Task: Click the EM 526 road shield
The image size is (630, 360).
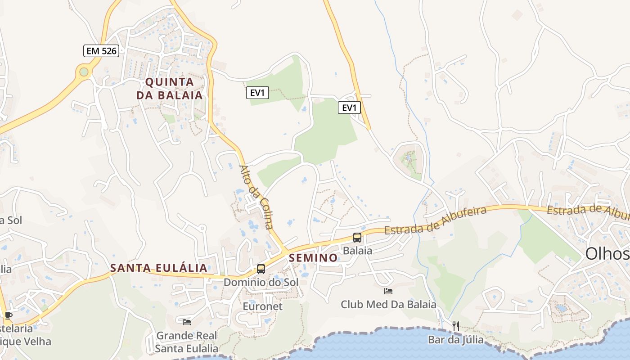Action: (x=101, y=51)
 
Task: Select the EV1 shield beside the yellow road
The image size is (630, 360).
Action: (x=350, y=108)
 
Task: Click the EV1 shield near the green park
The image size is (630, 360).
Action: (x=258, y=93)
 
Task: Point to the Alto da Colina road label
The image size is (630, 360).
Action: (x=256, y=197)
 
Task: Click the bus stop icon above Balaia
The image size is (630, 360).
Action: (x=357, y=237)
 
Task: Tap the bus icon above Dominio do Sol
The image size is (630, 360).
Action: (x=261, y=269)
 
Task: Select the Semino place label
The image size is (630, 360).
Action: (x=314, y=258)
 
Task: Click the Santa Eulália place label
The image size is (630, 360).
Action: (x=159, y=268)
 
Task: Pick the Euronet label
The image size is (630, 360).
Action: (x=262, y=306)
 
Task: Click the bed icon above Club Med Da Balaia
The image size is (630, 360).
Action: (x=388, y=291)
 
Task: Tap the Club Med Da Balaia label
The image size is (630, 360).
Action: (x=388, y=305)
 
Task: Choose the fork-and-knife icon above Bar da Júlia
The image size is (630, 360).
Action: (x=456, y=326)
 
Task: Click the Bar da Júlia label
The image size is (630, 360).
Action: (x=456, y=340)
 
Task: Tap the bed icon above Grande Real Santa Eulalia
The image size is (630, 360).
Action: (x=187, y=322)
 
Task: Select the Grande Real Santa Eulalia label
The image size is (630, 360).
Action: (x=187, y=342)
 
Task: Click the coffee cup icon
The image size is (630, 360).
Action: (x=8, y=315)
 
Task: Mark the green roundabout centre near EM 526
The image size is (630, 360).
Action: (x=84, y=72)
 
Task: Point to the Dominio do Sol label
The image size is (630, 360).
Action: (x=261, y=283)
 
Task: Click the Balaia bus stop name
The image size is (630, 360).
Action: (x=358, y=251)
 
